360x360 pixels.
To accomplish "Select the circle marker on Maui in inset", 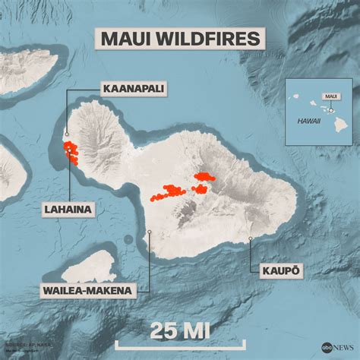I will pos(331,109).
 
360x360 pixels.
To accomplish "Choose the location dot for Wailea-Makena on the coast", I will pos(150,233).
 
